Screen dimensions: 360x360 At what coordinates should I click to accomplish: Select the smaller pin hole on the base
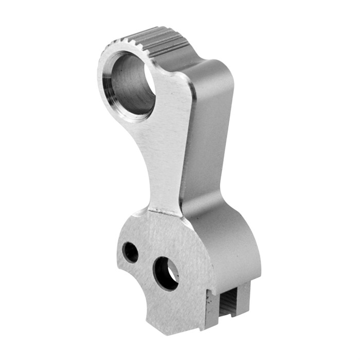click(x=131, y=252)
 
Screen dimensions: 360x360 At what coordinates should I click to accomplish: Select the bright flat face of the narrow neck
click(x=165, y=154)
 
